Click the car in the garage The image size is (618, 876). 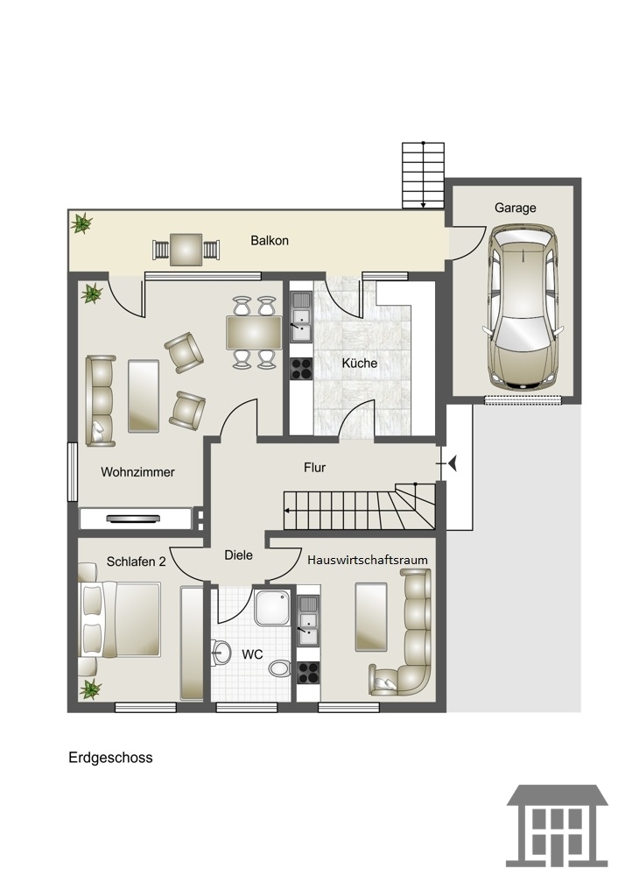[523, 307]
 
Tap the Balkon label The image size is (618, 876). [270, 241]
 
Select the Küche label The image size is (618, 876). [360, 364]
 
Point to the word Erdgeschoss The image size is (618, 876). [110, 758]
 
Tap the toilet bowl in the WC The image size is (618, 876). [279, 667]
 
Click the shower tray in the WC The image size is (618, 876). [272, 607]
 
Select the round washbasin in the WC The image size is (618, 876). [221, 652]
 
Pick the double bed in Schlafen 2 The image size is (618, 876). [119, 619]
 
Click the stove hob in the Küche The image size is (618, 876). [301, 369]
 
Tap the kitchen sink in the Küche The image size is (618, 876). [301, 317]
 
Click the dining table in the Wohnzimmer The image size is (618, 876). [254, 332]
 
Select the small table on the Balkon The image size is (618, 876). [186, 250]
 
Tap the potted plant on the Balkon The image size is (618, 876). [81, 223]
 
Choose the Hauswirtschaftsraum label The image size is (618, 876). [368, 560]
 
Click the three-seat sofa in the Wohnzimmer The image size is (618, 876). [101, 400]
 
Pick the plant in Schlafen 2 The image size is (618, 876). [90, 689]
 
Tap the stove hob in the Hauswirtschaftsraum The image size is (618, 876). [308, 673]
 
